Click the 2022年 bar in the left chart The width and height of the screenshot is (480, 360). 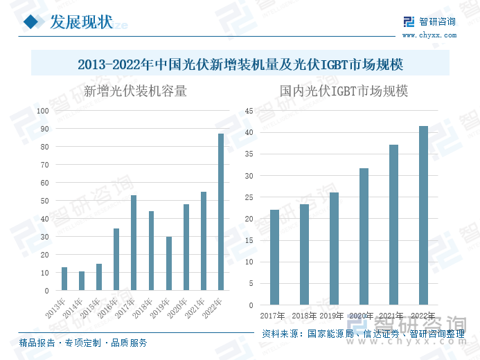(x=221, y=212)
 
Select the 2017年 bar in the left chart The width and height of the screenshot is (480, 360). (x=134, y=243)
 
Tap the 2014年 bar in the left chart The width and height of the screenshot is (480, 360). (x=82, y=280)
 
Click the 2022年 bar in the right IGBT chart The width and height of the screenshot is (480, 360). (x=424, y=215)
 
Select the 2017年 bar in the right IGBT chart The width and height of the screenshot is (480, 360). (x=274, y=257)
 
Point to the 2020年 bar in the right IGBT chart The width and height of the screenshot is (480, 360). (x=364, y=236)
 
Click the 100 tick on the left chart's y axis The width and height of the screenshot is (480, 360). (x=42, y=111)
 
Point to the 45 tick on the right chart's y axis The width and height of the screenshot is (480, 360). (x=250, y=111)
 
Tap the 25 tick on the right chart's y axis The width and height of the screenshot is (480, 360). (x=250, y=197)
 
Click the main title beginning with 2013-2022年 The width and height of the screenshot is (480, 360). (x=240, y=64)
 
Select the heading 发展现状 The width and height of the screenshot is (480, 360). (x=80, y=22)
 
